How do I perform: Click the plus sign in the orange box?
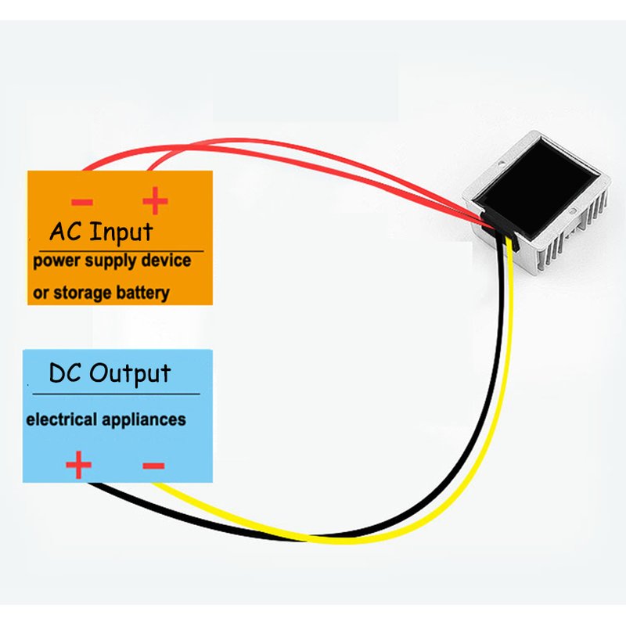click(155, 202)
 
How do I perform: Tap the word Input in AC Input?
click(121, 232)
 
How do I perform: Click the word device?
click(164, 261)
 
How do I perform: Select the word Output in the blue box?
click(130, 373)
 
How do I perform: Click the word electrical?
click(59, 419)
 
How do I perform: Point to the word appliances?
click(140, 420)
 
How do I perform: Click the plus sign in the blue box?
click(78, 466)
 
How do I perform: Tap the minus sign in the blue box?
click(153, 466)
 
